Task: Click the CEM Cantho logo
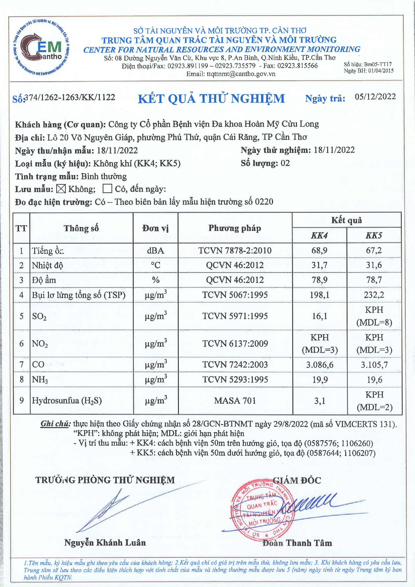pyautogui.click(x=41, y=47)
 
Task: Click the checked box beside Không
pyautogui.click(x=61, y=189)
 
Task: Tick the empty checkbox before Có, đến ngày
pyautogui.click(x=107, y=189)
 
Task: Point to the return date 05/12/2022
pyautogui.click(x=375, y=97)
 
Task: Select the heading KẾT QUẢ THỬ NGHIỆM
pyautogui.click(x=211, y=99)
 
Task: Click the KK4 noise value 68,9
pyautogui.click(x=319, y=250)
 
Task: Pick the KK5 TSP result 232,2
pyautogui.click(x=374, y=295)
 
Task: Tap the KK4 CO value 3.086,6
pyautogui.click(x=320, y=365)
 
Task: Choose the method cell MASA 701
pyautogui.click(x=235, y=401)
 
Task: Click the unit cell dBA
pyautogui.click(x=155, y=251)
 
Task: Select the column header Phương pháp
pyautogui.click(x=235, y=228)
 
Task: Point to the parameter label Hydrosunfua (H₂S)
pyautogui.click(x=67, y=400)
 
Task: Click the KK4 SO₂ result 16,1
pyautogui.click(x=319, y=316)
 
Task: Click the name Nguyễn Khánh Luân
pyautogui.click(x=105, y=543)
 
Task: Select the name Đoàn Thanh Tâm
pyautogui.click(x=297, y=543)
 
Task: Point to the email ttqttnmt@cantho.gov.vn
pyautogui.click(x=231, y=74)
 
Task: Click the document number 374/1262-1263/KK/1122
pyautogui.click(x=70, y=97)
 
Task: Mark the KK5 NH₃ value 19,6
pyautogui.click(x=374, y=380)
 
